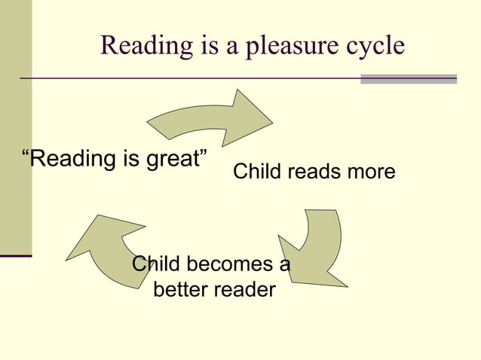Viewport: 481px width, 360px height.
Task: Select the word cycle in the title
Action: (x=370, y=47)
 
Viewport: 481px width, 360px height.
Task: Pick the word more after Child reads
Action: (x=368, y=172)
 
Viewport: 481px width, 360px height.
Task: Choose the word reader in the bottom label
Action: (x=245, y=289)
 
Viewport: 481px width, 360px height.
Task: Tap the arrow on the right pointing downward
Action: (x=313, y=249)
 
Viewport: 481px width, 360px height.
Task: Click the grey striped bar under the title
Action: (x=409, y=78)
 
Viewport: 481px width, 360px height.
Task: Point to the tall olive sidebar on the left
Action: (x=16, y=128)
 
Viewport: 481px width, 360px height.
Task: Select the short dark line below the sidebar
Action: (x=16, y=257)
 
